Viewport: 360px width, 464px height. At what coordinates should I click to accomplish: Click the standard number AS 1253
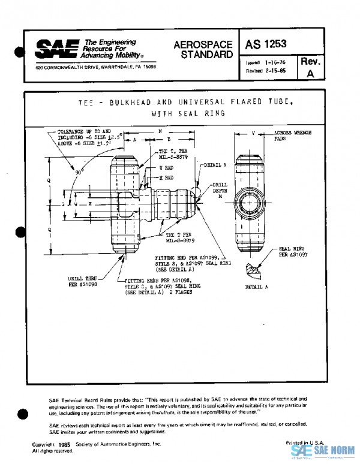(265, 44)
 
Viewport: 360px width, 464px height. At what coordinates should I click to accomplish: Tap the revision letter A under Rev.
(310, 74)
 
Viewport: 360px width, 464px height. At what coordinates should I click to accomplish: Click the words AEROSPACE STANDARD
(203, 50)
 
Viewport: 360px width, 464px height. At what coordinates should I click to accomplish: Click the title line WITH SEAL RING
(188, 113)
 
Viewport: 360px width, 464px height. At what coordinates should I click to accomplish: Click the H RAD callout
(166, 177)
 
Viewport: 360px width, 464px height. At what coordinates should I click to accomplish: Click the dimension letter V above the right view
(254, 132)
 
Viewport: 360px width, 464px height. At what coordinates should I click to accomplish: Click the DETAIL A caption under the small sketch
(257, 287)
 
